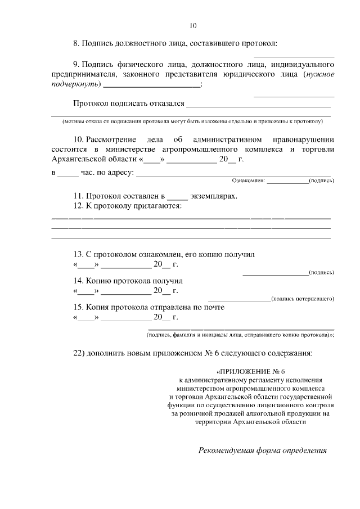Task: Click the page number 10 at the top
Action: [193, 25]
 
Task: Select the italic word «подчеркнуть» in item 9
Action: [75, 84]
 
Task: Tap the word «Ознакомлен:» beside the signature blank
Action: [249, 181]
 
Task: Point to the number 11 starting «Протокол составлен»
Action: [78, 196]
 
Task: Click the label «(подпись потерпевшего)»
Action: [303, 298]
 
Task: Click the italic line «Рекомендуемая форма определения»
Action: [263, 450]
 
